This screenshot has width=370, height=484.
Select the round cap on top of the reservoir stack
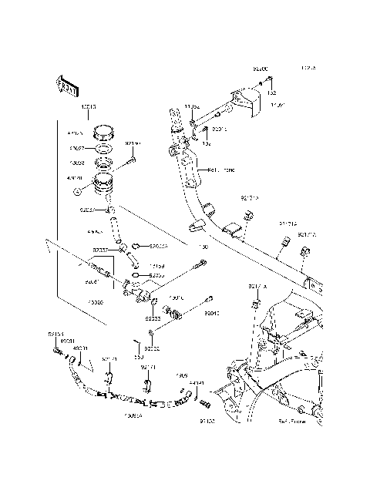pyautogui.click(x=104, y=133)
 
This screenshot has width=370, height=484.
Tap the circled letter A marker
pyautogui.click(x=76, y=191)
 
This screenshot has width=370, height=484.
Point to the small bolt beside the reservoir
pyautogui.click(x=133, y=162)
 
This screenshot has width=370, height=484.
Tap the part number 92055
pyautogui.click(x=157, y=275)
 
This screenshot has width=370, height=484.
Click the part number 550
pyautogui.click(x=138, y=356)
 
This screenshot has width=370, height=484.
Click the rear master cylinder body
pyautogui.click(x=137, y=291)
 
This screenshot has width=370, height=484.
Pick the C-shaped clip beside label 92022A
pyautogui.click(x=134, y=247)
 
